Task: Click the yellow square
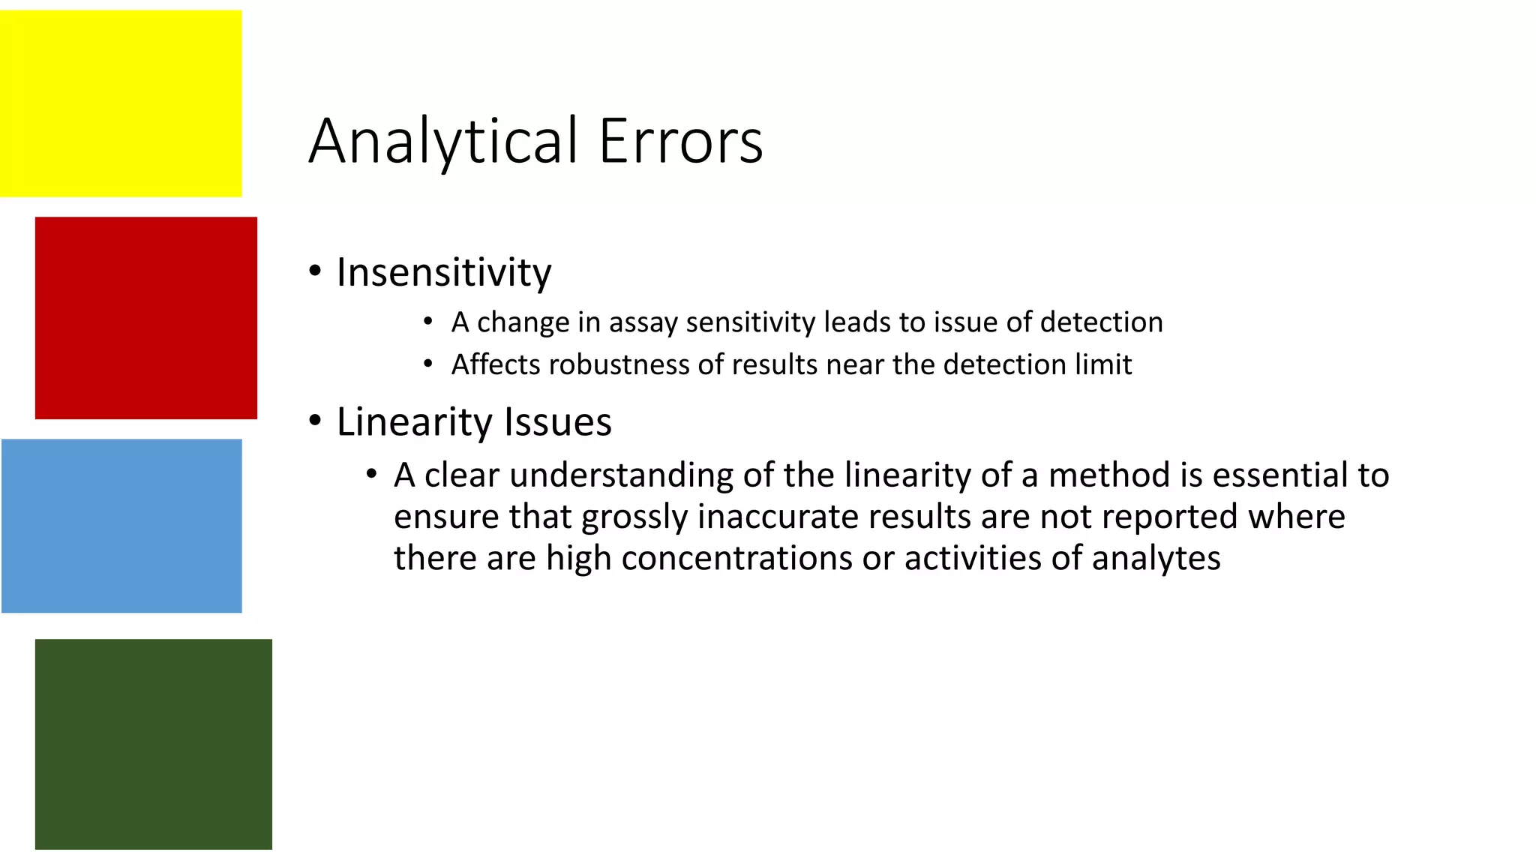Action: (x=121, y=103)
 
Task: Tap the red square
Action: (x=146, y=318)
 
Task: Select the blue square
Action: (x=121, y=526)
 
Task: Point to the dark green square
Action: (x=154, y=744)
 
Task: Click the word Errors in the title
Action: (x=681, y=142)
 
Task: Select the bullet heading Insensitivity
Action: (x=444, y=272)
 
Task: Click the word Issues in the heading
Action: (x=558, y=422)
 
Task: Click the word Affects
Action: (x=496, y=365)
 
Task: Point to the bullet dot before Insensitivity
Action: (x=315, y=271)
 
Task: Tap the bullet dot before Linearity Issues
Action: (x=315, y=421)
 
